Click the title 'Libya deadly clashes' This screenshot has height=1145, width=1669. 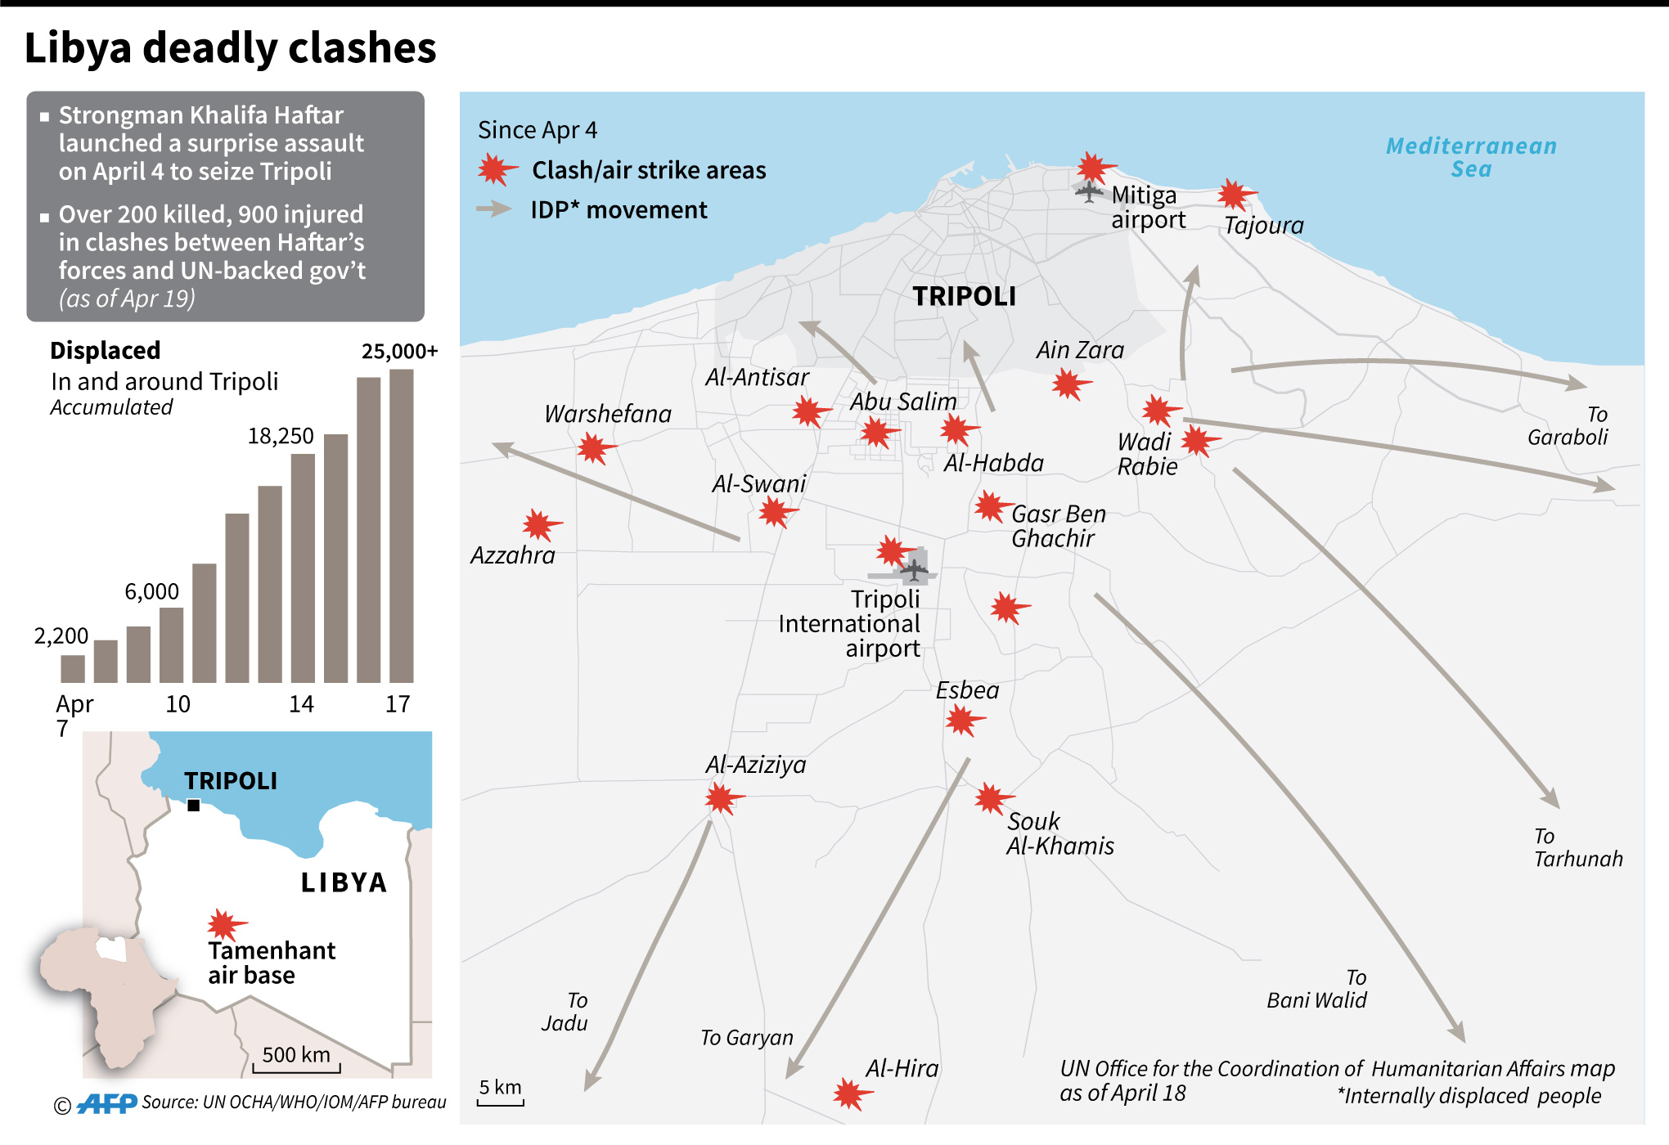230,47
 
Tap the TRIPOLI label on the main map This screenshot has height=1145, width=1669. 964,296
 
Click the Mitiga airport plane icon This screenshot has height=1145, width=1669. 1089,192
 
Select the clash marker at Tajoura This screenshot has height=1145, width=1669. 1234,195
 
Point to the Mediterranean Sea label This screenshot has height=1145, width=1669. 1471,157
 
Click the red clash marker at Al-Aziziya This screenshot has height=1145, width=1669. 722,797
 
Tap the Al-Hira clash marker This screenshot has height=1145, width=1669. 850,1093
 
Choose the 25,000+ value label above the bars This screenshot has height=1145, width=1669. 399,352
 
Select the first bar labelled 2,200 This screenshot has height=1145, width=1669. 73,668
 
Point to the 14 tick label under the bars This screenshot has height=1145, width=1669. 301,704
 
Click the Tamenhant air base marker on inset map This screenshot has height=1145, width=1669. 223,925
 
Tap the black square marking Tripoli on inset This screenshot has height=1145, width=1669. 194,806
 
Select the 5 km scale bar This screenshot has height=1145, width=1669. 500,1102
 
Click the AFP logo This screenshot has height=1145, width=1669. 107,1104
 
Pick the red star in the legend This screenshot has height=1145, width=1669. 495,170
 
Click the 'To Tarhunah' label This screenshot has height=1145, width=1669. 1577,847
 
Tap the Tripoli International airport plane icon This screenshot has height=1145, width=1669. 914,568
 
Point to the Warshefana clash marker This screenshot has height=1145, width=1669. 594,448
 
